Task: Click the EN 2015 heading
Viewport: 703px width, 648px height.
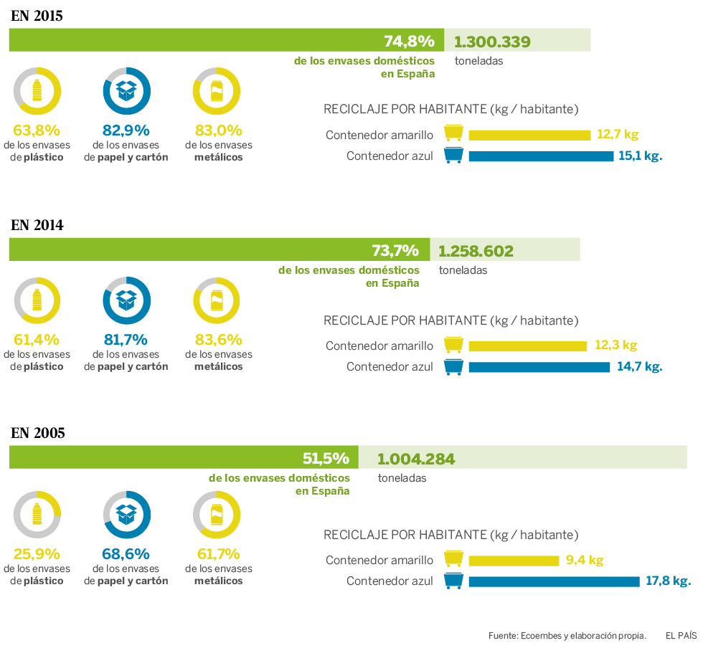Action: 37,15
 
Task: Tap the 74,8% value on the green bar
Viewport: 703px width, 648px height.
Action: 409,41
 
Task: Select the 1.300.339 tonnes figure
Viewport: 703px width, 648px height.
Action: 492,42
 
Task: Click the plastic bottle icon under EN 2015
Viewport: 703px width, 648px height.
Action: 37,90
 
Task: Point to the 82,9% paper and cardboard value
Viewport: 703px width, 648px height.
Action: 126,130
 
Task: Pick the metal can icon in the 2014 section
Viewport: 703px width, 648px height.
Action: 217,300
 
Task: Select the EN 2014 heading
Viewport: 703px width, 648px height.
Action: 37,225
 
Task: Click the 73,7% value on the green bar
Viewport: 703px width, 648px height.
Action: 395,251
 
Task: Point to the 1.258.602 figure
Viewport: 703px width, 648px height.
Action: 476,252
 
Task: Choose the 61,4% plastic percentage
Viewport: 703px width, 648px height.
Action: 37,340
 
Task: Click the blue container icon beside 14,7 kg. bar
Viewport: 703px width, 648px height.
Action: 453,367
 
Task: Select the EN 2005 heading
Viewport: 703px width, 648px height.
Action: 38,433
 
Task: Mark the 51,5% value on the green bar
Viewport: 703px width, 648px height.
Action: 326,458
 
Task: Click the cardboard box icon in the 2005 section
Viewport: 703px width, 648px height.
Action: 127,514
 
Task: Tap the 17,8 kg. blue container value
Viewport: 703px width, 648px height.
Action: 668,581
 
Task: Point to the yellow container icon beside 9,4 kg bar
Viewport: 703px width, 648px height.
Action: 453,559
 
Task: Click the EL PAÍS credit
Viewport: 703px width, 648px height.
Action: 681,635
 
